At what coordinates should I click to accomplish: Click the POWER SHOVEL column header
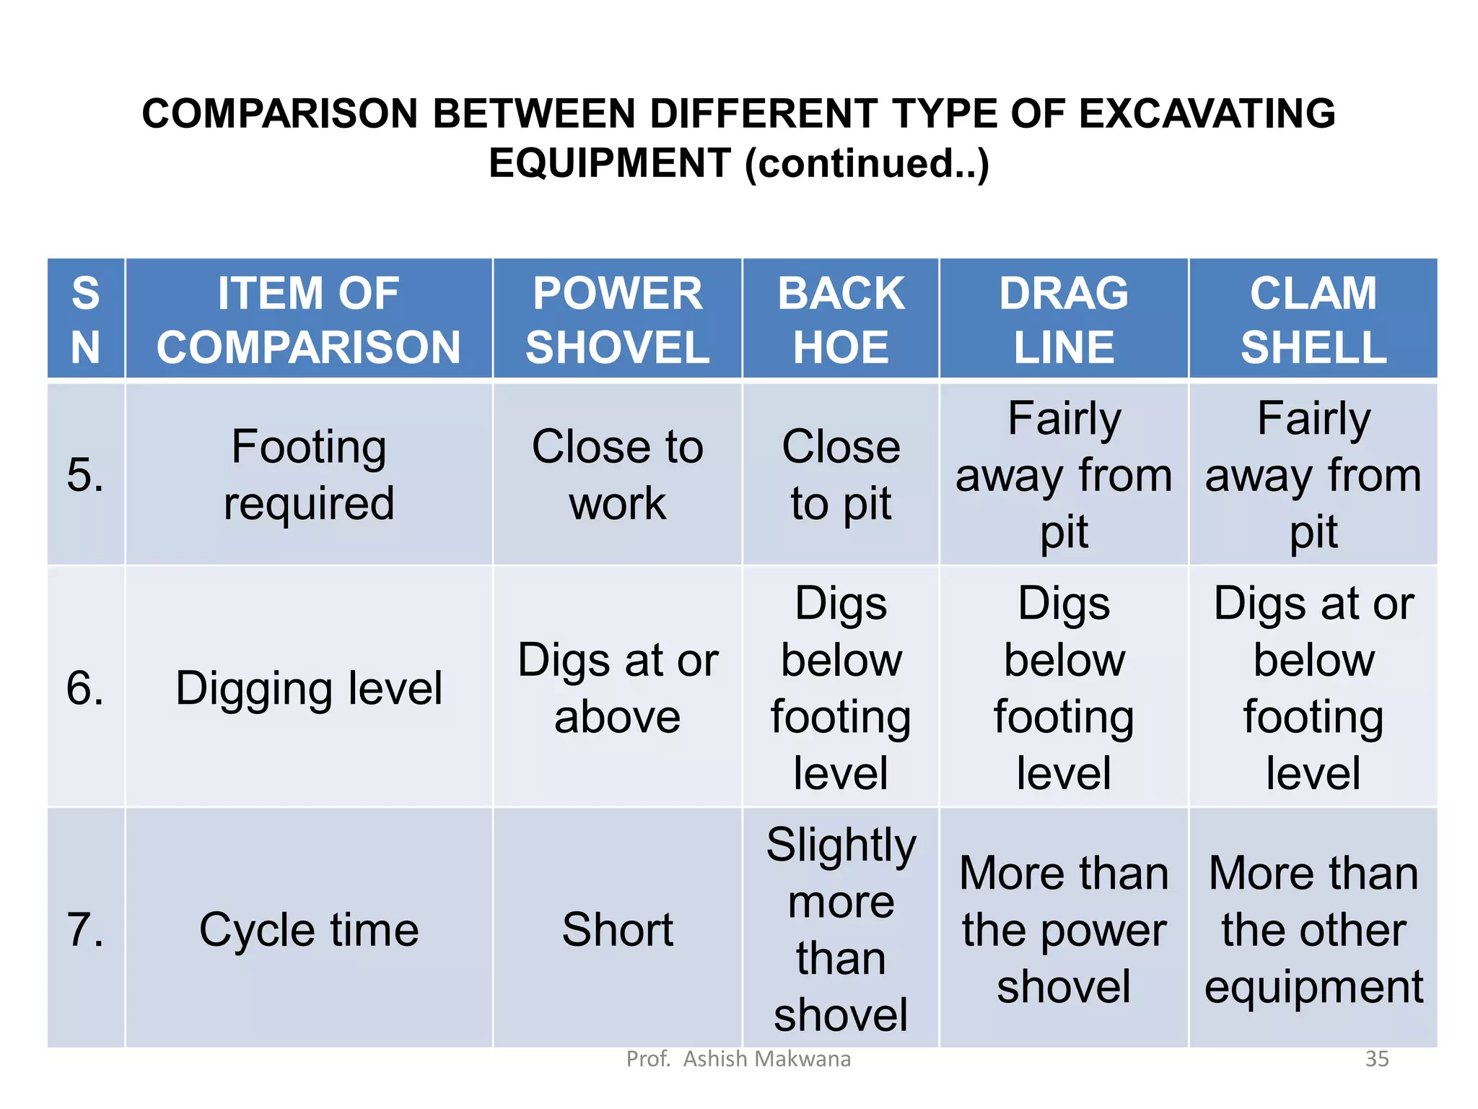pyautogui.click(x=617, y=319)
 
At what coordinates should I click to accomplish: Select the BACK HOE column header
pyautogui.click(x=841, y=319)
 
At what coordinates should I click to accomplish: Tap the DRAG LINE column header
pyautogui.click(x=1064, y=319)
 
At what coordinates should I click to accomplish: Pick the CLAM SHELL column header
pyautogui.click(x=1313, y=319)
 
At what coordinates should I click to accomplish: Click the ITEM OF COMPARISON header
pyautogui.click(x=309, y=319)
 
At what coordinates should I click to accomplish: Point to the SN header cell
pyautogui.click(x=86, y=319)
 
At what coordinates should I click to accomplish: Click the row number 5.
pyautogui.click(x=85, y=475)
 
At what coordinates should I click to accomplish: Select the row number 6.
pyautogui.click(x=85, y=687)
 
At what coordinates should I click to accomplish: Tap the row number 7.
pyautogui.click(x=85, y=928)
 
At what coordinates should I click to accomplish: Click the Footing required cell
pyautogui.click(x=309, y=474)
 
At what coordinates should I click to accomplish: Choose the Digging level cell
pyautogui.click(x=309, y=687)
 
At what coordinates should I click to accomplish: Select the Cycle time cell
pyautogui.click(x=309, y=929)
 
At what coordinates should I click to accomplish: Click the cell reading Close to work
pyautogui.click(x=617, y=474)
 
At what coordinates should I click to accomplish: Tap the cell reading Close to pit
pyautogui.click(x=841, y=474)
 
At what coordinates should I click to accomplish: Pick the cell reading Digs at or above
pyautogui.click(x=617, y=687)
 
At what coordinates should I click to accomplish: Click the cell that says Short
pyautogui.click(x=617, y=928)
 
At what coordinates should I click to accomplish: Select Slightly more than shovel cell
pyautogui.click(x=841, y=929)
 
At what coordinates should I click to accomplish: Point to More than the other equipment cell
pyautogui.click(x=1313, y=929)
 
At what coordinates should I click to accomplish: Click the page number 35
pyautogui.click(x=1377, y=1058)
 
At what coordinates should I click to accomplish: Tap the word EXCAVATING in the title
pyautogui.click(x=1207, y=113)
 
